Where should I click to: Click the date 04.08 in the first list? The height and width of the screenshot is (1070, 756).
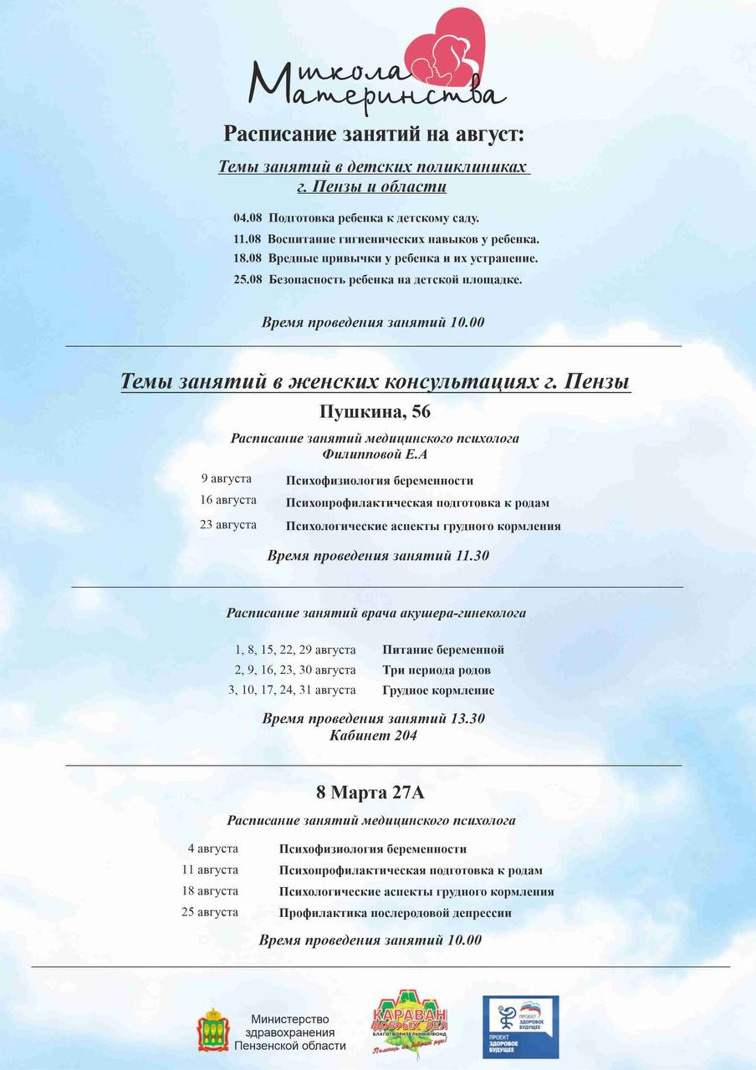point(248,218)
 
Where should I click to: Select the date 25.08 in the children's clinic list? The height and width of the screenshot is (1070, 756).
point(248,279)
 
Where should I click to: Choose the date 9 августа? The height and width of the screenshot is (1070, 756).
point(226,479)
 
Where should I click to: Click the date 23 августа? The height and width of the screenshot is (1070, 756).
point(228,525)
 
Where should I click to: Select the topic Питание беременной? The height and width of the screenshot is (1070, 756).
point(442,650)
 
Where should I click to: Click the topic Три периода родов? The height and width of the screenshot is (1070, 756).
point(436,670)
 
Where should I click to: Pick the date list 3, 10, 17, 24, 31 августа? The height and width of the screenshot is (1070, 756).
point(292,690)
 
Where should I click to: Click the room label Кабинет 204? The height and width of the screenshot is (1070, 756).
point(373,736)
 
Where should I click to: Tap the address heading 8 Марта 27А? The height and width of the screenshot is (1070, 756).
point(375,791)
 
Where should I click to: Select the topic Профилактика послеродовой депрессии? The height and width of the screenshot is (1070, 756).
point(395,913)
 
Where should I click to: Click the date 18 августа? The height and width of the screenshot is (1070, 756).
point(210,891)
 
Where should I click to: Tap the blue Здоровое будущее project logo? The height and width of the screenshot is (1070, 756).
point(520,1027)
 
